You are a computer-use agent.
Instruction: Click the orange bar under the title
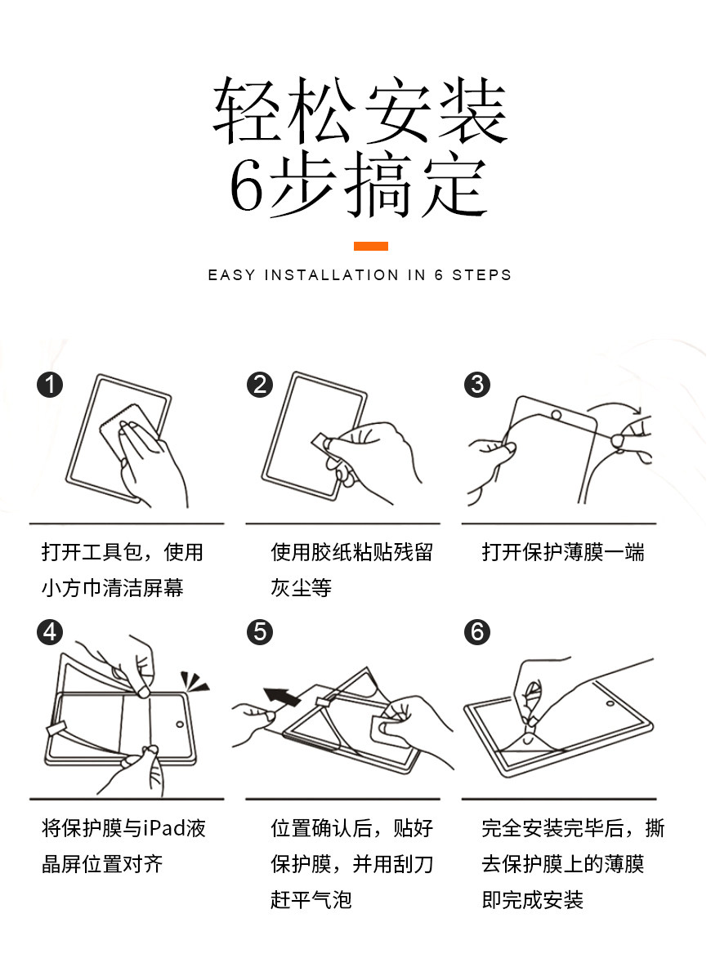370,246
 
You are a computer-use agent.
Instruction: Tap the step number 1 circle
50,384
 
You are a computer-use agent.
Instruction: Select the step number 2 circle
260,384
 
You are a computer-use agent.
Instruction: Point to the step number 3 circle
477,384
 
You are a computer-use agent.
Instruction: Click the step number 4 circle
50,632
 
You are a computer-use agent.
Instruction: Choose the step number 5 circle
260,632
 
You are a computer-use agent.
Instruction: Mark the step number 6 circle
477,632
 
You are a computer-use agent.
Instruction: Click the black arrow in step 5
282,697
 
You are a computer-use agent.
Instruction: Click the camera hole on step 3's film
556,414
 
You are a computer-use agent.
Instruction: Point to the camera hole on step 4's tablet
180,724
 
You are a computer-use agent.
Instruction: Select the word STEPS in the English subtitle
482,275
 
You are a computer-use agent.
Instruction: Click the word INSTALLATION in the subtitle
332,275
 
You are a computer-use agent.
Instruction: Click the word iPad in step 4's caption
163,827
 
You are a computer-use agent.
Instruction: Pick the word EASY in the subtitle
231,275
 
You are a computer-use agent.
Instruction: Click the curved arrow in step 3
614,408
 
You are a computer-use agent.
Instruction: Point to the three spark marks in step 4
195,681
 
